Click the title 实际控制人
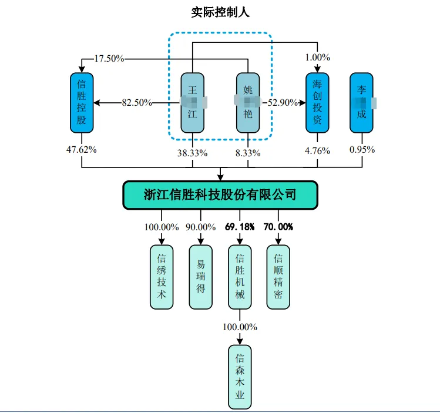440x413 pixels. tap(220, 12)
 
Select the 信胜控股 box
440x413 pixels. tap(82, 103)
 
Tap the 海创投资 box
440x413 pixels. tap(317, 103)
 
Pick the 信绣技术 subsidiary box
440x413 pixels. tap(162, 277)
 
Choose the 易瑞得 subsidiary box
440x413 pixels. tap(201, 277)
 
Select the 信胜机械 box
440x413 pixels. tap(240, 277)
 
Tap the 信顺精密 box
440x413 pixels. tap(278, 277)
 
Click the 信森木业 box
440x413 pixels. tap(240, 377)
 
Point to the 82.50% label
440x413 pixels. tap(137, 103)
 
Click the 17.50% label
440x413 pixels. tap(109, 58)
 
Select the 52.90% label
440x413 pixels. tap(283, 103)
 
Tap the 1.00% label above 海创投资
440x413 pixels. tap(318, 58)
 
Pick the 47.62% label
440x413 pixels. tap(82, 149)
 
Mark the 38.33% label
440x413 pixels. tap(194, 153)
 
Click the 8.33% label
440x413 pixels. tap(248, 153)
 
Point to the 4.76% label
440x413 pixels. tap(318, 150)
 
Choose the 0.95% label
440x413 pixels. tap(362, 150)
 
